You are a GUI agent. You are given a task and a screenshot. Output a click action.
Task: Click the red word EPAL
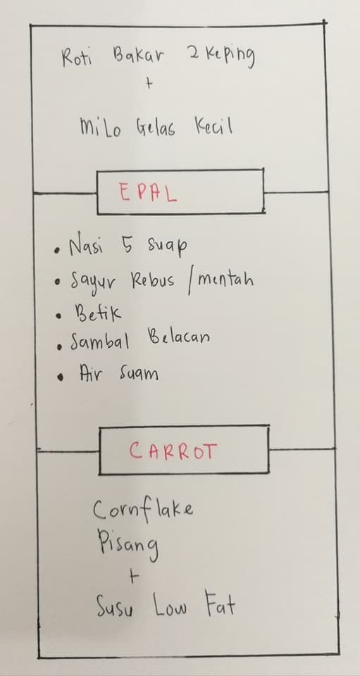coord(147,194)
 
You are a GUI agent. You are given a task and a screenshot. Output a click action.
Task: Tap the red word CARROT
coord(173,451)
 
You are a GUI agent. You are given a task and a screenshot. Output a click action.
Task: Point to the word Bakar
coord(138,56)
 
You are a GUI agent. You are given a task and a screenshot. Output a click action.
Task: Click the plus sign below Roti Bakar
coord(149,84)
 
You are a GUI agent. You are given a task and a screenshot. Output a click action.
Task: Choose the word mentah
coord(225,280)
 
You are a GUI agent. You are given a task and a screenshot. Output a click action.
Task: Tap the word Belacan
coord(179,337)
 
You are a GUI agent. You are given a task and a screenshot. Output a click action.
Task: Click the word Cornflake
coord(143,509)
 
